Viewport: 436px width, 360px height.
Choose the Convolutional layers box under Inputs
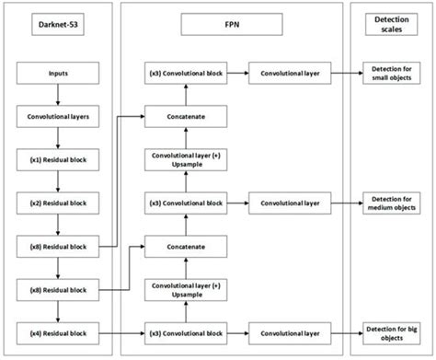(59, 117)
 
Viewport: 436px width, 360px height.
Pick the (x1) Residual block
(59, 158)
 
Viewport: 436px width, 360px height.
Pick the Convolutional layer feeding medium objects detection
(290, 203)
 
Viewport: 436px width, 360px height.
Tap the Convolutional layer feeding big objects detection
(290, 330)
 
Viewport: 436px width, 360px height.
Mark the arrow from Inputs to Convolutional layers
(59, 95)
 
